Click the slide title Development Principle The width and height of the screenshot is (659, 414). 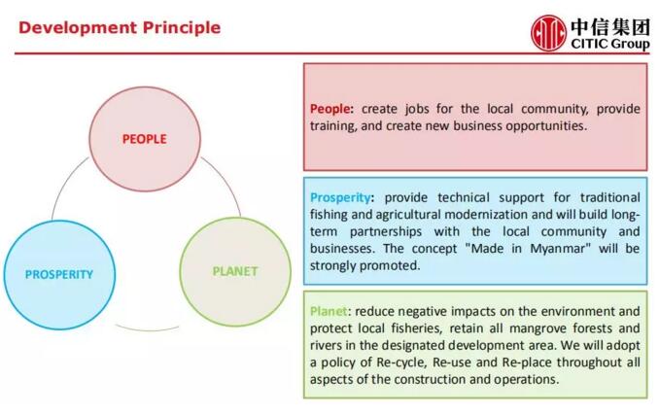(120, 28)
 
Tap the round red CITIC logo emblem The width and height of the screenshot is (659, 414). (548, 33)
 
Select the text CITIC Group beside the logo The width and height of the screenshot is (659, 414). (610, 44)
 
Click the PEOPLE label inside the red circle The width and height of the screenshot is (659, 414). (145, 139)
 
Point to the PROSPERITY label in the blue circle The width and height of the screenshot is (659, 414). (59, 274)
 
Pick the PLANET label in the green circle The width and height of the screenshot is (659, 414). (235, 271)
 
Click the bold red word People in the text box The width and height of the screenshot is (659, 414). (329, 109)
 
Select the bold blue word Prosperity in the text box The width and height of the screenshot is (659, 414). (340, 197)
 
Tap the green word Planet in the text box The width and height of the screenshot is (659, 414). (329, 311)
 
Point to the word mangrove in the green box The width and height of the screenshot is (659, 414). (538, 328)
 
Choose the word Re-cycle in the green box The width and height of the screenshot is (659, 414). (401, 362)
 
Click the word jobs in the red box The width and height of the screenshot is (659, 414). (417, 109)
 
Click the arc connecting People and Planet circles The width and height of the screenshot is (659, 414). (226, 180)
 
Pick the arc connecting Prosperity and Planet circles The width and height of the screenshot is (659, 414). (147, 329)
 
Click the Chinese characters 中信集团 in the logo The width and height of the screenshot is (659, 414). (610, 27)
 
